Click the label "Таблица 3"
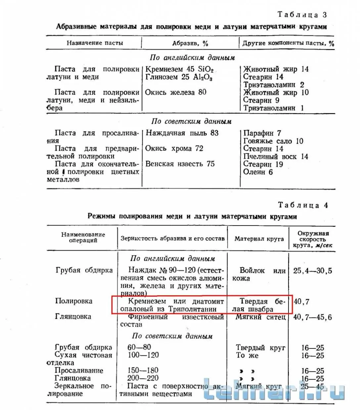302,15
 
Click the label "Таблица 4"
303,205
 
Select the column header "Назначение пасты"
95,43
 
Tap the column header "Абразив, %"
190,43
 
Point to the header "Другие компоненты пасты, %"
288,43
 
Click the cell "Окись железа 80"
176,92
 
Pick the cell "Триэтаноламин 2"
273,85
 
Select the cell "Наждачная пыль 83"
182,133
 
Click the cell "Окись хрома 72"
174,148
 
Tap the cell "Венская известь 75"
180,164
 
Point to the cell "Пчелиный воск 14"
276,156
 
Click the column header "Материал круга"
259,238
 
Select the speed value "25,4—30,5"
312,271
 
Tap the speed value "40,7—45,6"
312,317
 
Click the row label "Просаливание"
79,370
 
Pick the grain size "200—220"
143,378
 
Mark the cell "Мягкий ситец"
260,317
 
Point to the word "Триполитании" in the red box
192,309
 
